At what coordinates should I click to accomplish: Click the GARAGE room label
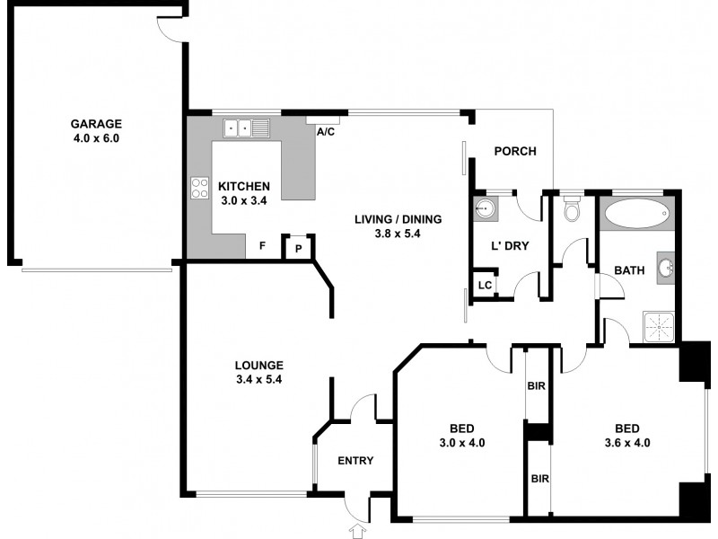97,124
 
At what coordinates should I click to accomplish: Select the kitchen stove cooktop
199,188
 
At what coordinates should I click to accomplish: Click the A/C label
325,131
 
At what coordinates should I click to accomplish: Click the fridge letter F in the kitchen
262,245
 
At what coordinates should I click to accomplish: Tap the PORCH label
515,151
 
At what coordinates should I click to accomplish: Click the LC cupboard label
484,286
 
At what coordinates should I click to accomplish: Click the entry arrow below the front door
357,532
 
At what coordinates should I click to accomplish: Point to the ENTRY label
355,461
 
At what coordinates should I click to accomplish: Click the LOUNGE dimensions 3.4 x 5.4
259,380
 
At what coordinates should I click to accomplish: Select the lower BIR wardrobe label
538,480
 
